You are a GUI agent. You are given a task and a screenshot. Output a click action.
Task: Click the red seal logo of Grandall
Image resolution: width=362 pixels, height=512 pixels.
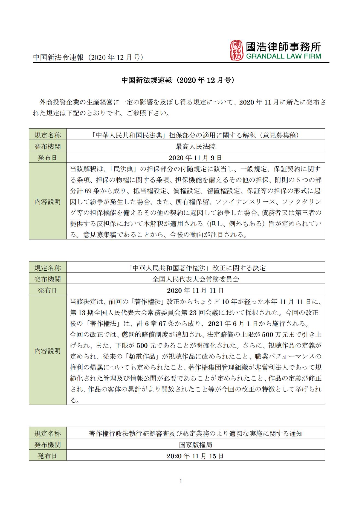pos(236,50)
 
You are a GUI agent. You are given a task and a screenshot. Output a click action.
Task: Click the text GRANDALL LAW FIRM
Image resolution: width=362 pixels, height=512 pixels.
pos(283,56)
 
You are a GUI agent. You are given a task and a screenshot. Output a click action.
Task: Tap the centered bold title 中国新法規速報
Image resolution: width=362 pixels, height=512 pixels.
pos(178,80)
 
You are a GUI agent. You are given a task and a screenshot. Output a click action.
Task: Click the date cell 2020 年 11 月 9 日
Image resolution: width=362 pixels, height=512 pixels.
pos(195,158)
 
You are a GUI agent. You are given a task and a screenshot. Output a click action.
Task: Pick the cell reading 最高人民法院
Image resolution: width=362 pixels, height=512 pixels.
pos(195,147)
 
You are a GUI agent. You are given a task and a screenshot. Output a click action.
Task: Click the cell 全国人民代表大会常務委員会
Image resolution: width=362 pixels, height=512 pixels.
pos(195,279)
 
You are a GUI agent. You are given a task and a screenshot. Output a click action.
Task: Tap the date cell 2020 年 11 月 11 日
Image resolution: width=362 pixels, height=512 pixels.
pos(195,290)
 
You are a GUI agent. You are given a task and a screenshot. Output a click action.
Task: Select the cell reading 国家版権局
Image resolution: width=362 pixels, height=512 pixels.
pos(195,445)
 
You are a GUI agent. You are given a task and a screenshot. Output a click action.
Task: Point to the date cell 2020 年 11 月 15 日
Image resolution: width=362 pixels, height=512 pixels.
pos(195,456)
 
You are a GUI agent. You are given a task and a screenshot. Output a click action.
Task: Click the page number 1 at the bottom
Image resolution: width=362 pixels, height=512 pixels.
pos(181,489)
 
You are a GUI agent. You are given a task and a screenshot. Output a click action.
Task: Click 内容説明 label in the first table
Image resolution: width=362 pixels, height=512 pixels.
pos(48,202)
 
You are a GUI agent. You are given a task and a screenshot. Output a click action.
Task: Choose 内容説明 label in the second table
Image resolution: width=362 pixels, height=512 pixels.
pos(48,351)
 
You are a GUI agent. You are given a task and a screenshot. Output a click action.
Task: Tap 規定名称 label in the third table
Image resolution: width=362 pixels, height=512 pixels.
pos(48,433)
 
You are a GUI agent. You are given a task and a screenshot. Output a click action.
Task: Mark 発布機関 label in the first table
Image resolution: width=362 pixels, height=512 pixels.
pos(48,147)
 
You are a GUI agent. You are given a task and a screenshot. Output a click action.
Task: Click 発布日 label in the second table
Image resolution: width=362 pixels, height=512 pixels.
pos(48,290)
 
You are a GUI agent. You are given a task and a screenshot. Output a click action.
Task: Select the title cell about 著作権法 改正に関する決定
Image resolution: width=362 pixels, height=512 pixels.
pos(195,268)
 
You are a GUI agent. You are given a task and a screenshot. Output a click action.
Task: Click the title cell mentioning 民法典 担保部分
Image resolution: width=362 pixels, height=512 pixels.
pos(195,135)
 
